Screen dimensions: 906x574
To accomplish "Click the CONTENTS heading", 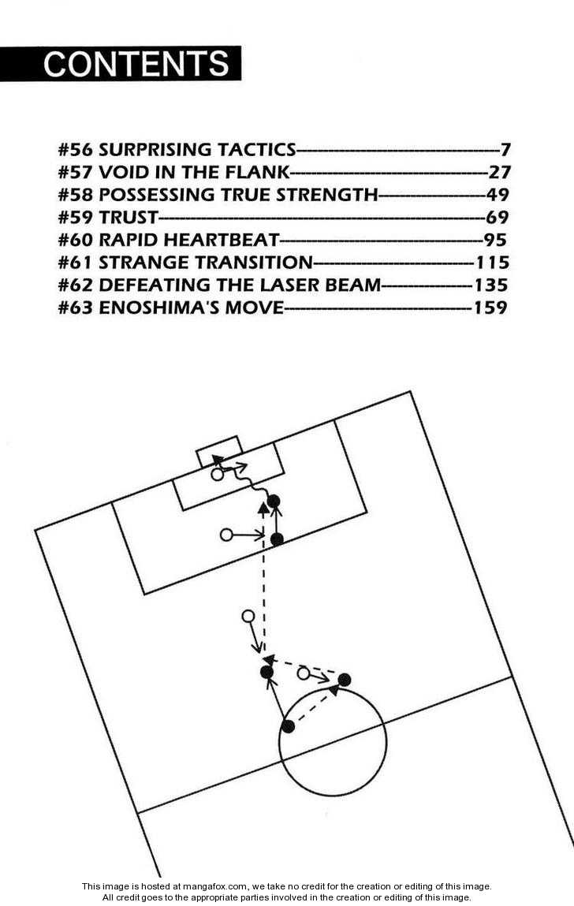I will [x=136, y=64].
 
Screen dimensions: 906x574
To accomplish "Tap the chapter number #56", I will [x=76, y=150].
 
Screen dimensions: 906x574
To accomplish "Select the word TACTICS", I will [x=259, y=150].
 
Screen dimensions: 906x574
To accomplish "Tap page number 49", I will [x=498, y=195].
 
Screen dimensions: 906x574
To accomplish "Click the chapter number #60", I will [x=76, y=240].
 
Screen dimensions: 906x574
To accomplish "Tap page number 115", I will [x=492, y=263].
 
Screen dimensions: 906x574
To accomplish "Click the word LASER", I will [x=279, y=285].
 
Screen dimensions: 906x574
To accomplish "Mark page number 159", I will [x=490, y=308].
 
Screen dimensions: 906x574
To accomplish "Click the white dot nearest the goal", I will [x=218, y=475].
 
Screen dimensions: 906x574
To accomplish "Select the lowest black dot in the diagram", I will [x=289, y=726].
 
